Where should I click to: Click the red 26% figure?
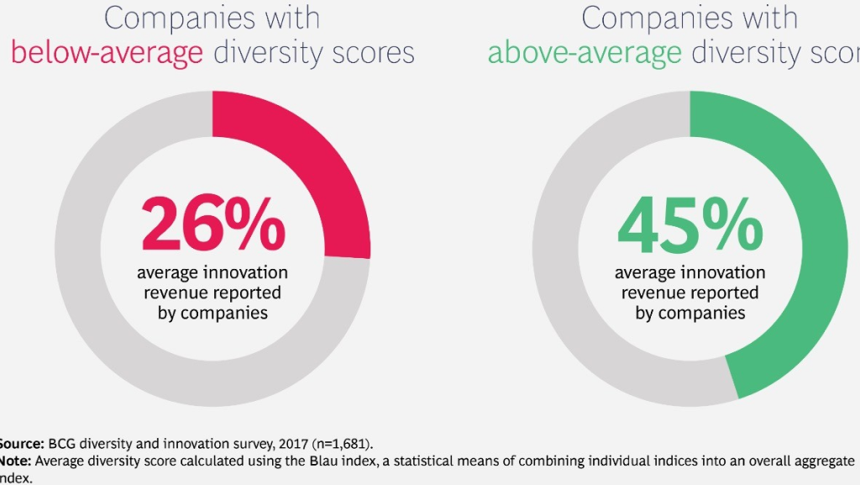point(212,224)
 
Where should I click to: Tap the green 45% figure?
point(690,224)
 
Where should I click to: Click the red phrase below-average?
point(107,53)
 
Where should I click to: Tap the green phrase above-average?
point(585,53)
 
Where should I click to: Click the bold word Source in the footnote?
point(20,443)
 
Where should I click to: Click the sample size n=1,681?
point(343,443)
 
